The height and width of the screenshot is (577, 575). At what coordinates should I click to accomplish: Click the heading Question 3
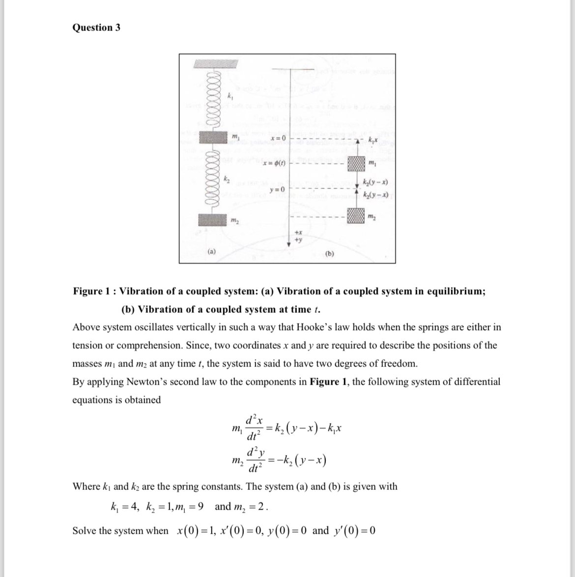[96, 28]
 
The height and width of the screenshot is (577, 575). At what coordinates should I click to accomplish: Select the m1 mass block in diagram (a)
[214, 137]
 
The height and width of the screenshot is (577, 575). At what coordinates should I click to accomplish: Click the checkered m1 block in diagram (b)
[356, 164]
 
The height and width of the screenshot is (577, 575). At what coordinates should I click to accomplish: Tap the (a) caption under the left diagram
[211, 251]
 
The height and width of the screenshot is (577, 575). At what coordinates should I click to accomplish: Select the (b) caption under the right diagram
[330, 254]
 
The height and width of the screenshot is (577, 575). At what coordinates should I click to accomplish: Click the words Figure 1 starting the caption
[93, 291]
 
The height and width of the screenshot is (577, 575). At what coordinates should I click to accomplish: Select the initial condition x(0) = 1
[195, 531]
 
